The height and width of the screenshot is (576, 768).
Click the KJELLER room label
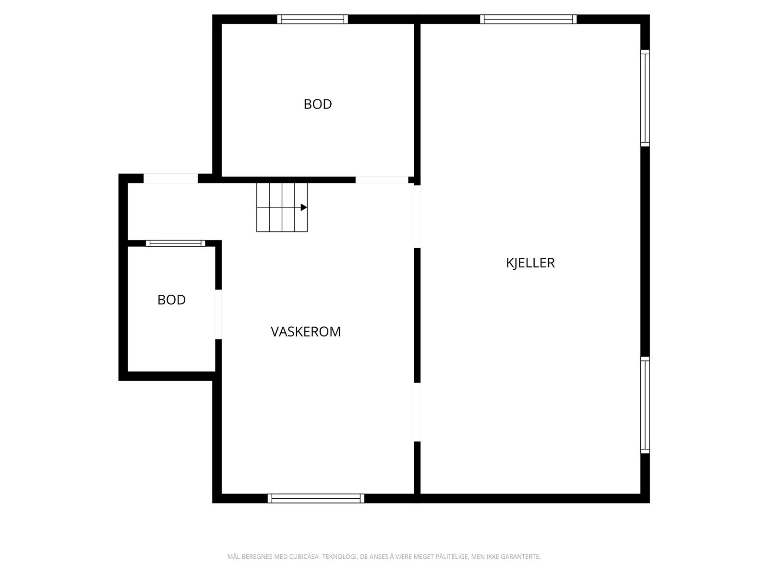(530, 263)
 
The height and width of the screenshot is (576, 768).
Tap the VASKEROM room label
(305, 332)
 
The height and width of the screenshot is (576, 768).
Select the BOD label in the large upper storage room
(318, 104)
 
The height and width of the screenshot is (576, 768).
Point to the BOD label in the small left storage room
(171, 300)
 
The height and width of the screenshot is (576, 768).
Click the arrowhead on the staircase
(304, 207)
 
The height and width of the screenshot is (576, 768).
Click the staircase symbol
(282, 207)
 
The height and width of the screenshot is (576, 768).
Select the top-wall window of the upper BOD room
(312, 19)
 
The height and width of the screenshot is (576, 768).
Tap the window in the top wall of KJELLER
(528, 19)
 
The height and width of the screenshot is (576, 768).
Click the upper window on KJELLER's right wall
(645, 98)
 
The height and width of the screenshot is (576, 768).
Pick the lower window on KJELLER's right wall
(645, 405)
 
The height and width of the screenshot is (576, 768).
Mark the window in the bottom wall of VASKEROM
(316, 498)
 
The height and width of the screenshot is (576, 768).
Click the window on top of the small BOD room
(176, 243)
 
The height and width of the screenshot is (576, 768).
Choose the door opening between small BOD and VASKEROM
(218, 314)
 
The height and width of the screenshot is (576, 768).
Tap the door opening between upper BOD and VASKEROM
(382, 180)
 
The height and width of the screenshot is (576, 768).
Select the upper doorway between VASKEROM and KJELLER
(417, 216)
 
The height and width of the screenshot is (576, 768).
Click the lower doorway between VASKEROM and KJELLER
(417, 412)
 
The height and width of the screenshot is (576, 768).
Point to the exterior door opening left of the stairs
(171, 179)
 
